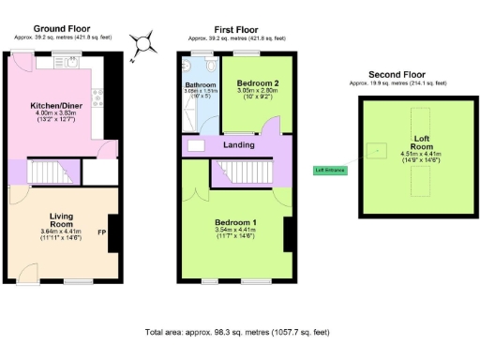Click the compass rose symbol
(x=142, y=43)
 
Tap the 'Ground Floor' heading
(x=63, y=29)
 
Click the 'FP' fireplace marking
(x=101, y=231)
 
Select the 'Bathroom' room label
(x=200, y=84)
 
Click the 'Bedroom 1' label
(x=234, y=222)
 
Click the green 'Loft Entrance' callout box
(x=330, y=170)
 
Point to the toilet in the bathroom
(x=214, y=67)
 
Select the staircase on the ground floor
(x=53, y=173)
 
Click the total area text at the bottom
(x=239, y=333)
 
